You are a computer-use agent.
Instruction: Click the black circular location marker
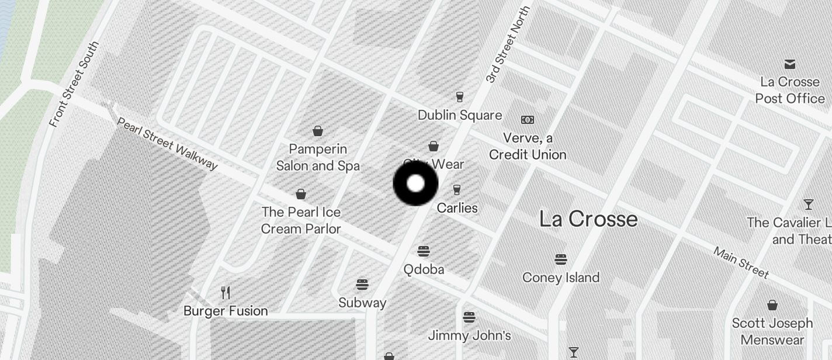415,184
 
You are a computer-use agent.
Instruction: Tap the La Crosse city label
588,219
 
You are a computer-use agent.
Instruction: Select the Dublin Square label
460,115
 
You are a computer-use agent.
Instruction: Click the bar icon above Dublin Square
460,96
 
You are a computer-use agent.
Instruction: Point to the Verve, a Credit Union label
528,147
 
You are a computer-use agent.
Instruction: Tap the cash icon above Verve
528,120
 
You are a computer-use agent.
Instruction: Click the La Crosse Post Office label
790,90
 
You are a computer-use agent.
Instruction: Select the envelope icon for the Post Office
790,64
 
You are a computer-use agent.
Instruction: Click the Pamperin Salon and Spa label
318,158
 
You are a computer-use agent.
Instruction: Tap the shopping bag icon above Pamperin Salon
318,130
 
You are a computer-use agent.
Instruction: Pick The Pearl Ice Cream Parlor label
301,220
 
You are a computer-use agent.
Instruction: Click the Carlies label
457,208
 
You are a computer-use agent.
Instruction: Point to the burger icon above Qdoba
424,251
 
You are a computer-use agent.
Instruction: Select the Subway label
362,303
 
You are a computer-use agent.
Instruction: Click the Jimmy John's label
469,335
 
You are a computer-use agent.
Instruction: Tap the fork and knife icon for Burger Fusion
226,292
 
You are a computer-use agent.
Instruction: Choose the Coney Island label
561,277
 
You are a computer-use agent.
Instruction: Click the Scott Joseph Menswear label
772,331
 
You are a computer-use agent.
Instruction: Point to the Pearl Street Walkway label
167,144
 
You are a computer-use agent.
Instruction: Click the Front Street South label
74,84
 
